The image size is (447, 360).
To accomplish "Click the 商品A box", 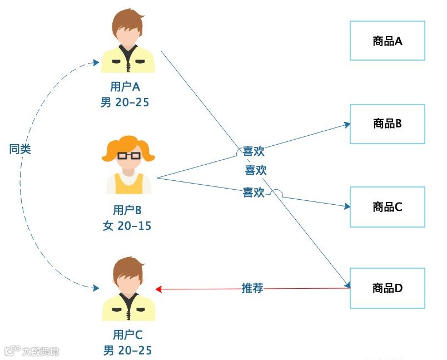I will (x=387, y=41).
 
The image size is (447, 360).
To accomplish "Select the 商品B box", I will (x=387, y=124).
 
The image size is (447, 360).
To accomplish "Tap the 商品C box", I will (x=387, y=207).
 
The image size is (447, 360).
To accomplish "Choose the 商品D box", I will (x=387, y=288).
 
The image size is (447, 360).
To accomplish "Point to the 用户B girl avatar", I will (x=128, y=165).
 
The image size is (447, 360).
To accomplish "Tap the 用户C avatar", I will (x=128, y=289).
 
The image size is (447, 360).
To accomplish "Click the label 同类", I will (x=21, y=149).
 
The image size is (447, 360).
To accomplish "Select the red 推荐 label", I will (x=252, y=288).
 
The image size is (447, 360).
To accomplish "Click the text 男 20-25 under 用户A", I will (x=125, y=102).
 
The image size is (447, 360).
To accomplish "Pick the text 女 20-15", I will (x=127, y=226).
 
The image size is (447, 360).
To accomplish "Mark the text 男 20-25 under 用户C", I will (x=127, y=350).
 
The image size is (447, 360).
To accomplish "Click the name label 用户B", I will (x=127, y=210).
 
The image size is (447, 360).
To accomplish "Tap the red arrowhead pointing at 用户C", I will (x=158, y=289).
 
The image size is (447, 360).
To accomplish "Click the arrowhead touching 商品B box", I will (x=346, y=125).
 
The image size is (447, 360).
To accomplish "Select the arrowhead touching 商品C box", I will (x=346, y=206).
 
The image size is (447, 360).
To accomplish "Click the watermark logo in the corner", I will (x=12, y=351).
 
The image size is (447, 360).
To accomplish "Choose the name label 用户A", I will (x=125, y=87).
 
